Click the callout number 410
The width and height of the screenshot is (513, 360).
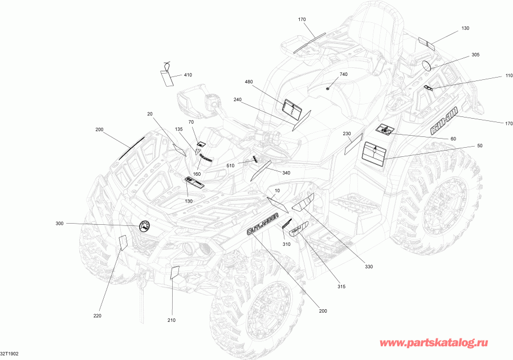click(x=188, y=75)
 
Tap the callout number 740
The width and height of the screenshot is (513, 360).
click(x=343, y=75)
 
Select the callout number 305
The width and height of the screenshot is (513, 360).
click(x=475, y=55)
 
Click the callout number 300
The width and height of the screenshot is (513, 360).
click(x=59, y=223)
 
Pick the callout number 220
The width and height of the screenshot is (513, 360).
click(x=97, y=316)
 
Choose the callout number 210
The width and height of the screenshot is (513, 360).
click(x=171, y=321)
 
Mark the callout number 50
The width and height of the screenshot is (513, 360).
click(x=479, y=146)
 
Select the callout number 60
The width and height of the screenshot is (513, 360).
click(x=453, y=139)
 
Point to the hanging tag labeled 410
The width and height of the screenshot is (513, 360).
click(x=166, y=76)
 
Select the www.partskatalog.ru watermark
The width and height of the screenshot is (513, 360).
click(x=435, y=343)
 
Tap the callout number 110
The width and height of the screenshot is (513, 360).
click(x=493, y=76)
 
